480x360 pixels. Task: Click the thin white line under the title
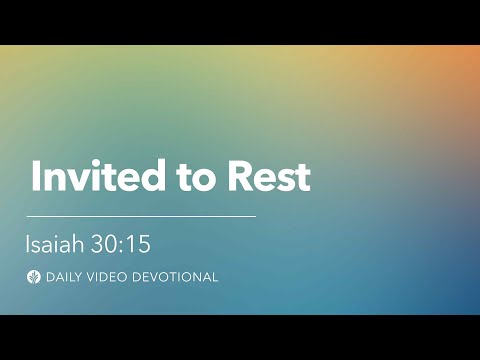(x=140, y=216)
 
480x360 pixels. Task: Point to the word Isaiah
(x=55, y=243)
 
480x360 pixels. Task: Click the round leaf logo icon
(x=33, y=277)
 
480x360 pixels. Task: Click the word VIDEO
(x=109, y=277)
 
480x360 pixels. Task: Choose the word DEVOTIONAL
(x=176, y=277)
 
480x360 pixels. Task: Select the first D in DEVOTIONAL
(x=139, y=277)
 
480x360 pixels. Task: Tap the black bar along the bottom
(x=240, y=337)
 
